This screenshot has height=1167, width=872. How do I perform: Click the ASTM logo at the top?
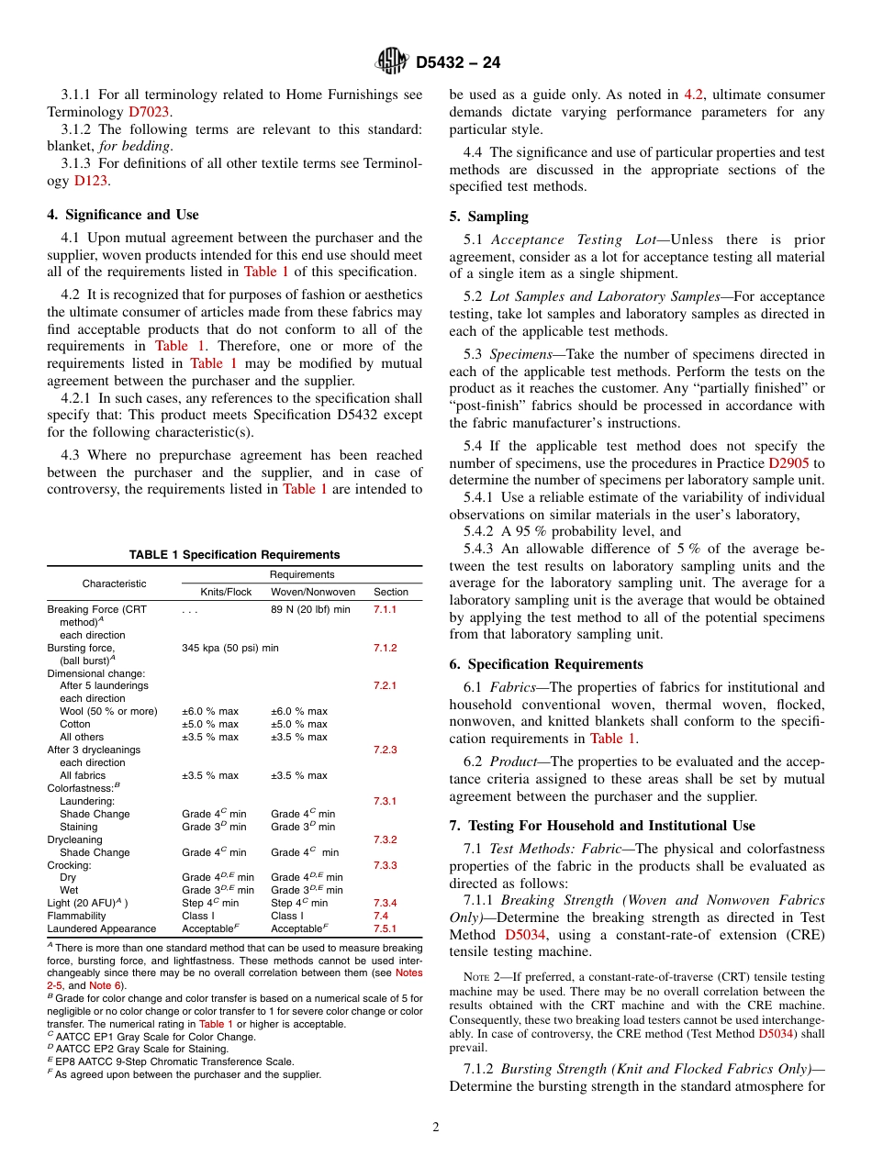point(392,62)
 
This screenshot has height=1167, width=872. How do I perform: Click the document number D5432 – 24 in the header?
point(458,63)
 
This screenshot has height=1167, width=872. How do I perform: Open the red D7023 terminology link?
point(150,112)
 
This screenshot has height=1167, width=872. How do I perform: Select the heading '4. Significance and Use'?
point(123,215)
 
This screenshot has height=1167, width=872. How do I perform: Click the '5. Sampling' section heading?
point(488,217)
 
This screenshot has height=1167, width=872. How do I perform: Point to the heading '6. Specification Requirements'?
point(546,664)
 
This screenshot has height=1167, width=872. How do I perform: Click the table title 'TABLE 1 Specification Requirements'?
point(234,555)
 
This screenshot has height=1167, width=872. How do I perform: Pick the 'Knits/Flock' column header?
point(226,592)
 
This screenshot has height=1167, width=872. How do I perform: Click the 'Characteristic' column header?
point(114,583)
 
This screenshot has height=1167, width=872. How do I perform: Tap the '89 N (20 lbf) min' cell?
point(310,609)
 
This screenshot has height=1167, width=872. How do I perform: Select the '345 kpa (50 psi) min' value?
point(230,648)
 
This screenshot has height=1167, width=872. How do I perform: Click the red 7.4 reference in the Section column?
point(381,916)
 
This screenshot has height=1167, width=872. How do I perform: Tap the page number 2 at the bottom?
point(436,1128)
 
